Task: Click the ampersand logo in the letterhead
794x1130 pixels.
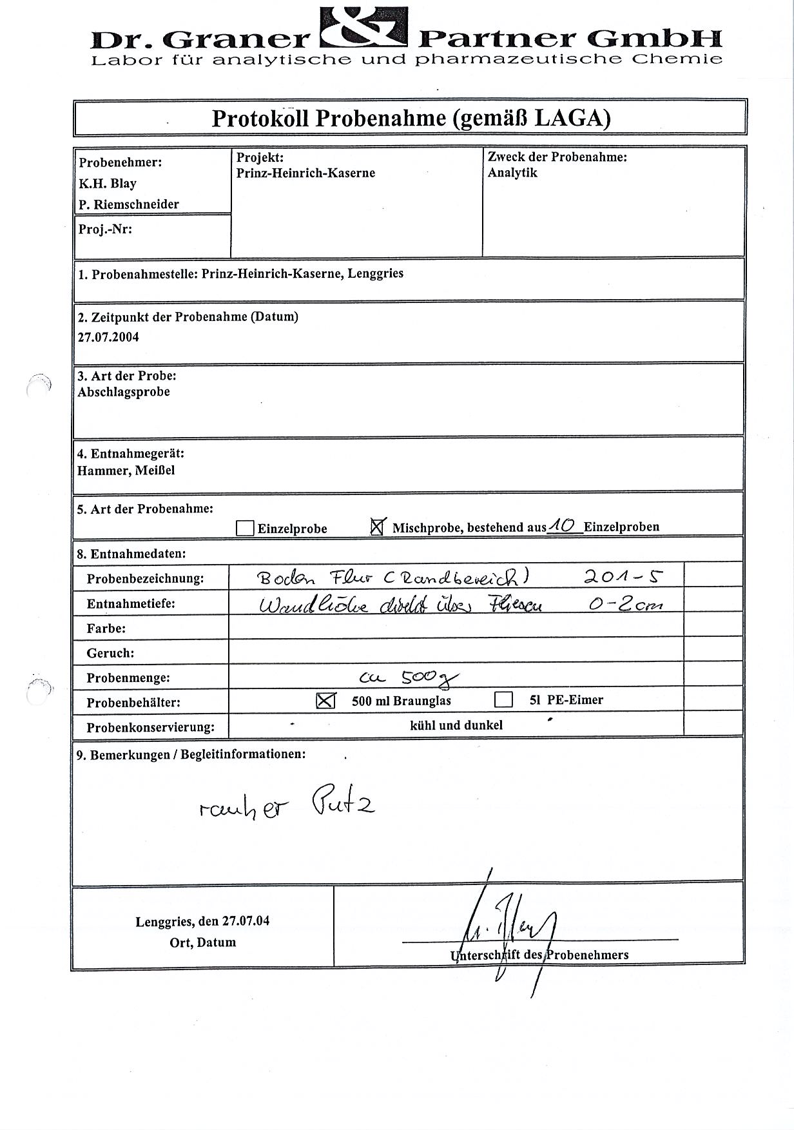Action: pyautogui.click(x=363, y=27)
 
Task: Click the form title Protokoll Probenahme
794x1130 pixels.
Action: pyautogui.click(x=411, y=118)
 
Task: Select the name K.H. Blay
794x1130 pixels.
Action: pyautogui.click(x=108, y=184)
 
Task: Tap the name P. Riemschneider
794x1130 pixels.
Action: pyautogui.click(x=129, y=204)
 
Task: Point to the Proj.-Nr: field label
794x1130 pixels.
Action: pyautogui.click(x=104, y=228)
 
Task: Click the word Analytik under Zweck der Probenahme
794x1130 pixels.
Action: pyautogui.click(x=512, y=173)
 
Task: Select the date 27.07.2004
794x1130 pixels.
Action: pyautogui.click(x=108, y=337)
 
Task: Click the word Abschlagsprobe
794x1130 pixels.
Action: pyautogui.click(x=123, y=392)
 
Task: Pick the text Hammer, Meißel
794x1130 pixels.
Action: pyautogui.click(x=126, y=471)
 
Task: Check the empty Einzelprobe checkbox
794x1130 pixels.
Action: pyautogui.click(x=245, y=529)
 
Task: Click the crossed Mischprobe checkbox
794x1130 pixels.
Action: pyautogui.click(x=378, y=527)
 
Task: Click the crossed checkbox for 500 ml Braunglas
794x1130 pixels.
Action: pyautogui.click(x=326, y=700)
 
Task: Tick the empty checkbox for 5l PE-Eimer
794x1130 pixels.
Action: pyautogui.click(x=503, y=699)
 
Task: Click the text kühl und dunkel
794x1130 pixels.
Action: pyautogui.click(x=456, y=725)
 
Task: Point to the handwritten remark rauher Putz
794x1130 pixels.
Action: pyautogui.click(x=287, y=806)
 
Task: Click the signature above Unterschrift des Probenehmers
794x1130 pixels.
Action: pyautogui.click(x=509, y=928)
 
